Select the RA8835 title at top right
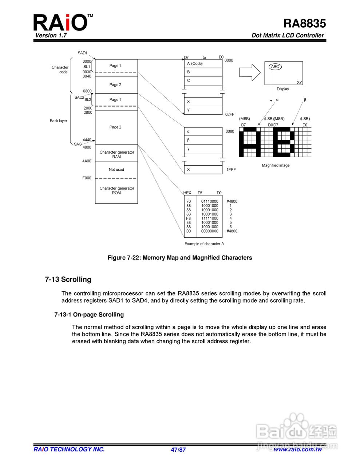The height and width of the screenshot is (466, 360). coord(304,23)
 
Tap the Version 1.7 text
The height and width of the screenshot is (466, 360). coord(51,35)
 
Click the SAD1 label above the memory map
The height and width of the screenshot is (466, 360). coord(82,53)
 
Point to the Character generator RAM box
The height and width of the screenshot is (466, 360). coord(116,154)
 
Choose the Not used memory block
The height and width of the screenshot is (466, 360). coord(116,170)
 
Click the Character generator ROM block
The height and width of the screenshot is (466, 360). coord(116,190)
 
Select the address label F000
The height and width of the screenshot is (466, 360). coord(87,178)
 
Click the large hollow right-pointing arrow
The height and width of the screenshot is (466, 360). coord(249,72)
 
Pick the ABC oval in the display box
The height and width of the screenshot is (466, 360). coord(275,67)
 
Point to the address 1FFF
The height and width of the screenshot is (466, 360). coord(231,170)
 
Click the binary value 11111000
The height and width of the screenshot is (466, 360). coord(210,218)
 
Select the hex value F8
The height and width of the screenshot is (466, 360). coord(189,218)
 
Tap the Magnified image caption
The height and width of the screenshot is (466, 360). coord(276,165)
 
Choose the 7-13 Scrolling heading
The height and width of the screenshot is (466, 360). coord(68,279)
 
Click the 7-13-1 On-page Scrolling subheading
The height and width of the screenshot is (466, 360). coord(89,315)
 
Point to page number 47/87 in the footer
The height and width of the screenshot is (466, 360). coord(178,450)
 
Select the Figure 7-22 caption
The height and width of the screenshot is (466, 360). coord(180,258)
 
